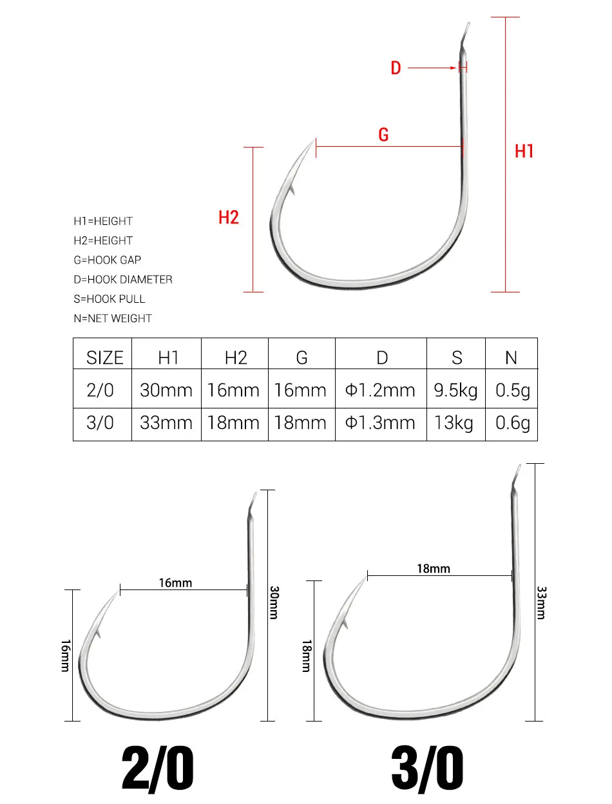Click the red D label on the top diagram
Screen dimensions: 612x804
pyautogui.click(x=396, y=68)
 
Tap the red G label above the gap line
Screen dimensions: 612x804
pyautogui.click(x=383, y=135)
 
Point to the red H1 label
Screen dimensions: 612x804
pyautogui.click(x=524, y=151)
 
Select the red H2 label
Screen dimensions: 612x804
pyautogui.click(x=229, y=217)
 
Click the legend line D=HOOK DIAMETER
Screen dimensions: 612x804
pyautogui.click(x=122, y=280)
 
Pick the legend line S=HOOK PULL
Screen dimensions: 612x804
pyautogui.click(x=109, y=299)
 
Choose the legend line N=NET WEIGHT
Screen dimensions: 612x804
pyautogui.click(x=113, y=318)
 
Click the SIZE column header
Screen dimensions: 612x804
pyautogui.click(x=105, y=358)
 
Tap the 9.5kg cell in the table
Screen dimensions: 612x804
pyautogui.click(x=455, y=390)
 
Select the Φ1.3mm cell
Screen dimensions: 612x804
pyautogui.click(x=380, y=423)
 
